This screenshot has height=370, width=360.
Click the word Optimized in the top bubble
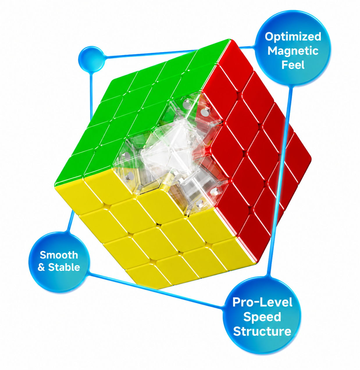(x=293, y=37)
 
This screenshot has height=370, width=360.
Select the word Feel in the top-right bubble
(x=293, y=65)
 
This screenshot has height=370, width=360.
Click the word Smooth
(x=59, y=255)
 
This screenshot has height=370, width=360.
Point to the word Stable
(x=64, y=267)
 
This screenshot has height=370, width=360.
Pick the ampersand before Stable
(x=41, y=267)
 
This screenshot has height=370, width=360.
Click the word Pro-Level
(x=262, y=302)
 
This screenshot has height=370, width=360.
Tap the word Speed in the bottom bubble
(x=262, y=317)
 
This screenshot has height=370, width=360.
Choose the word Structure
(x=262, y=331)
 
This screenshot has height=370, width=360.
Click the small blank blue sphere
(x=92, y=59)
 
